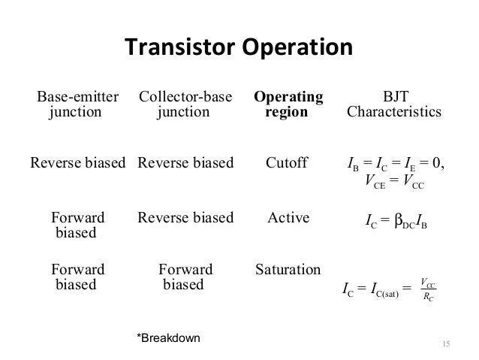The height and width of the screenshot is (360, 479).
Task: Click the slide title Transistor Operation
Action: coord(238,47)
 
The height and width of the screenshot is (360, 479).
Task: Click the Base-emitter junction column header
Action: coord(77,104)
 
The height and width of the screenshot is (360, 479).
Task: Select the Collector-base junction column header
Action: coord(185,104)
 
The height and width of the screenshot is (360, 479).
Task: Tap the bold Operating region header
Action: coord(288,104)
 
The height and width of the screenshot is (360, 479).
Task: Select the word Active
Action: coord(288,218)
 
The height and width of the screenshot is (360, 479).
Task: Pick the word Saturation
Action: coord(288,269)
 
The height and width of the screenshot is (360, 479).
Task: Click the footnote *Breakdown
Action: coord(167,337)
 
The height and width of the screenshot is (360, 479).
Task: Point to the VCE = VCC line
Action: coord(394,180)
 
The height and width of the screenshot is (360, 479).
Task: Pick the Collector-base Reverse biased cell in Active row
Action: coord(185,218)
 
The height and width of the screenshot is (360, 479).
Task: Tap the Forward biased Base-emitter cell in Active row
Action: coord(77,225)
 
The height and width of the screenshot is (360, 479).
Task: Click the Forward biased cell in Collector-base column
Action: coord(185,277)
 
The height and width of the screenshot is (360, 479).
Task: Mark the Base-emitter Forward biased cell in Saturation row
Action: coord(77,277)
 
